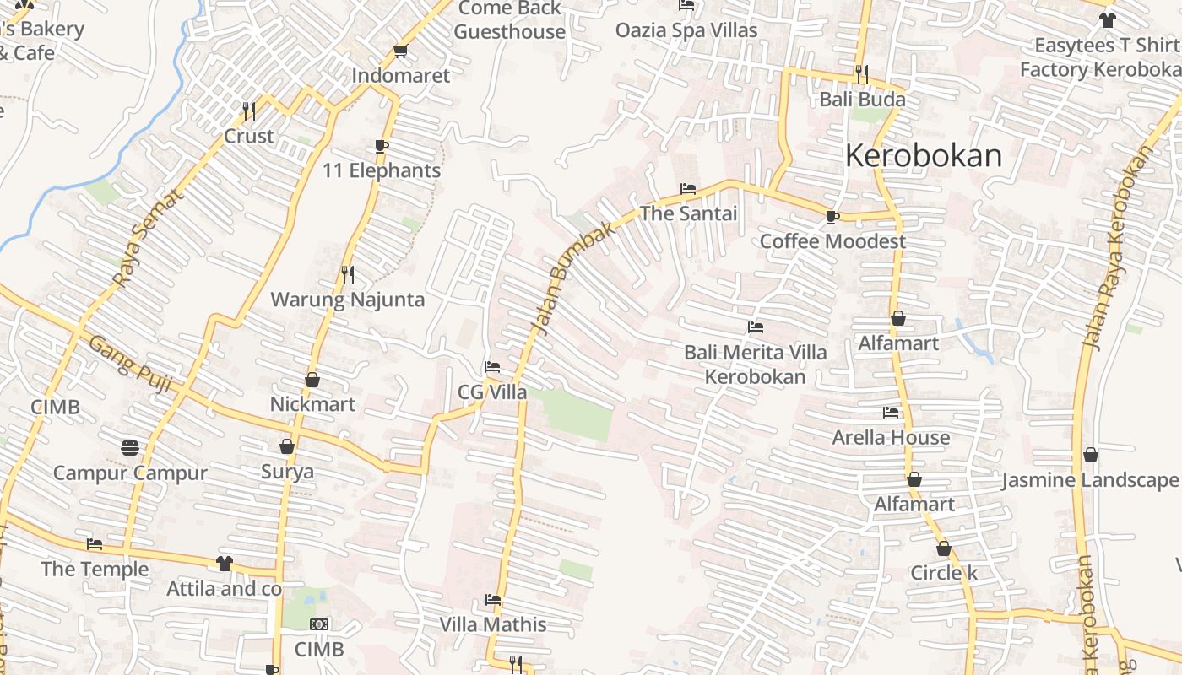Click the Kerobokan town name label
(924, 156)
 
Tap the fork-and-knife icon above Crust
(249, 111)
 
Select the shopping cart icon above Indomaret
(401, 51)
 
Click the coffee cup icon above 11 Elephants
(382, 146)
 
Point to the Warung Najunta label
(347, 300)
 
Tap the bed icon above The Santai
(688, 189)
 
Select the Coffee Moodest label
(832, 241)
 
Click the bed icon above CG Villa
(492, 367)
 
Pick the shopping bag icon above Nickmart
(312, 380)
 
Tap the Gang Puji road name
(130, 364)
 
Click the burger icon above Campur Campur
(130, 446)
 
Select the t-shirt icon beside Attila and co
(224, 563)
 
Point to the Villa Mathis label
(493, 625)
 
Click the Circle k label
(943, 573)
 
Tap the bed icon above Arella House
(891, 413)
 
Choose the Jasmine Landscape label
(1089, 481)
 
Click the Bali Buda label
(862, 100)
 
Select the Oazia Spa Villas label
(686, 30)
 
